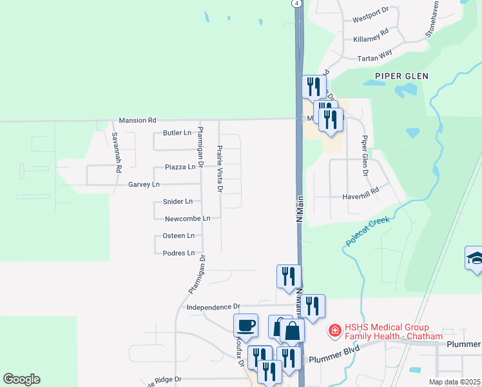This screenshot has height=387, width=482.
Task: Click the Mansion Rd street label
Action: [137, 120]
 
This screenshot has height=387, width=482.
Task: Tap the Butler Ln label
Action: [177, 133]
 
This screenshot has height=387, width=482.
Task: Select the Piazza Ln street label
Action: [180, 167]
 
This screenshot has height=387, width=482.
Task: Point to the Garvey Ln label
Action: [144, 184]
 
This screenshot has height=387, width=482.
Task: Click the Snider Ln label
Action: [179, 202]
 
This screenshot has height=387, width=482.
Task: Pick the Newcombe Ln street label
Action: [188, 219]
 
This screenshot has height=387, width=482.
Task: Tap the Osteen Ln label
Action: [178, 236]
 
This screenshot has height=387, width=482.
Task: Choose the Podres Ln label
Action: [178, 253]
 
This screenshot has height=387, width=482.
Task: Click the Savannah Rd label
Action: [117, 152]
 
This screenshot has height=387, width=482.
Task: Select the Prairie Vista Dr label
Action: [220, 169]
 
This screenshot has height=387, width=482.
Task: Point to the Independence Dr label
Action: [213, 307]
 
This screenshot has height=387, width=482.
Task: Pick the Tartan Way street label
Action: [375, 56]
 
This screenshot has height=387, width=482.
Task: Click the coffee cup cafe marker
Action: [246, 324]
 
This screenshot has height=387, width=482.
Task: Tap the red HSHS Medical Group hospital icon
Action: [334, 332]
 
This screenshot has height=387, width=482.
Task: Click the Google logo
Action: [21, 379]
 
